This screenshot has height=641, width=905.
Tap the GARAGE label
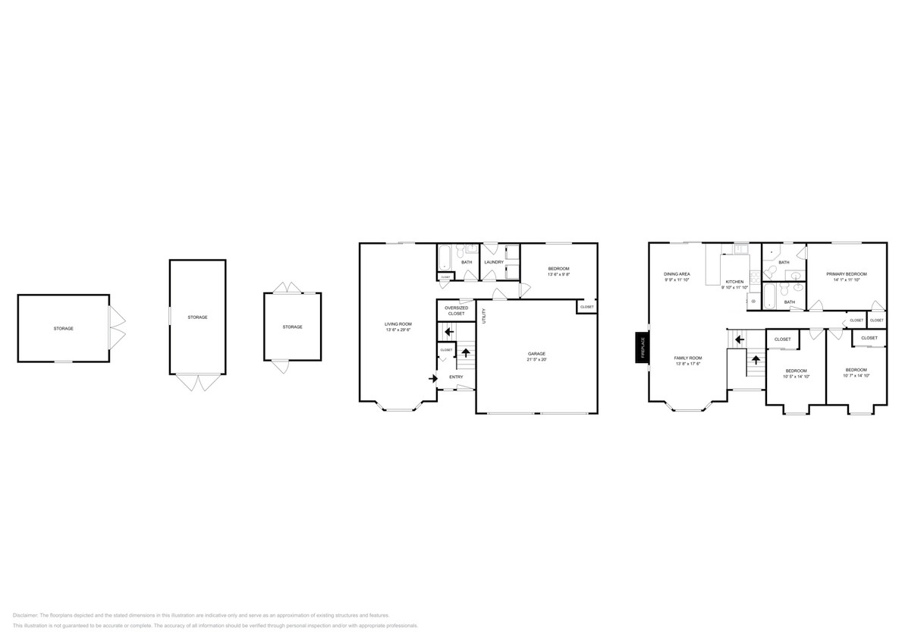pyautogui.click(x=536, y=354)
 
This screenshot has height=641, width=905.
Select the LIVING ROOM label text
pyautogui.click(x=398, y=324)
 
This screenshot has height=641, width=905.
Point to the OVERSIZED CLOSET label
pyautogui.click(x=456, y=311)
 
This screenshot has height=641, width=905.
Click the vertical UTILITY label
pyautogui.click(x=483, y=313)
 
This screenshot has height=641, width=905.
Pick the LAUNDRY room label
pyautogui.click(x=495, y=262)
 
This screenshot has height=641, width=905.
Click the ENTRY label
pyautogui.click(x=456, y=377)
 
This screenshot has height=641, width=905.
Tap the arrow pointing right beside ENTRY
pyautogui.click(x=433, y=377)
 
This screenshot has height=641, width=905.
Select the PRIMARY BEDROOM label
pyautogui.click(x=846, y=273)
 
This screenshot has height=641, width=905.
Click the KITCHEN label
pyautogui.click(x=734, y=281)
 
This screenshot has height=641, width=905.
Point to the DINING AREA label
pyautogui.click(x=677, y=273)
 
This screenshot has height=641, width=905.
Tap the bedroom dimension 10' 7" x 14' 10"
pyautogui.click(x=856, y=375)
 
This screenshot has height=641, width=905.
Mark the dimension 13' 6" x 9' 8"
pyautogui.click(x=558, y=274)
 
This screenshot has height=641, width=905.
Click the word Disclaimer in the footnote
pyautogui.click(x=25, y=615)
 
